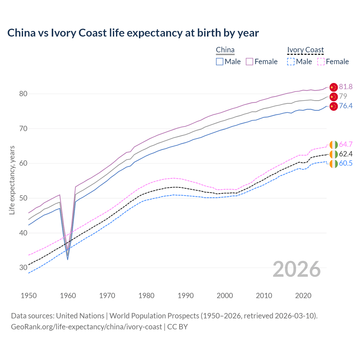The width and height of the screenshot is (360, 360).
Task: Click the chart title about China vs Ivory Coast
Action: point(133,33)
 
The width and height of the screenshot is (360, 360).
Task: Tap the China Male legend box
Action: point(220,62)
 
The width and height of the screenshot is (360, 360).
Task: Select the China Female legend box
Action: point(249,62)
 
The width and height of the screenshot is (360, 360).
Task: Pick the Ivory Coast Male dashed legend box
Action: point(291,62)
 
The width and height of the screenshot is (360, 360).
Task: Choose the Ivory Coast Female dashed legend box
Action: point(321,62)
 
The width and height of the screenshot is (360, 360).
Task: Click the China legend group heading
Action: point(225,50)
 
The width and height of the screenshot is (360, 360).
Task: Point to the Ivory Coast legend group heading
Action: point(305,50)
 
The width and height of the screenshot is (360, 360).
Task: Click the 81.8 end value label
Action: point(346,87)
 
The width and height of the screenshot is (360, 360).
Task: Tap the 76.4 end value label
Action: point(346,106)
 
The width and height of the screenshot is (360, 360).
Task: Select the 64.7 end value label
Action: point(346,144)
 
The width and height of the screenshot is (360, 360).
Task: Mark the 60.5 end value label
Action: point(346,163)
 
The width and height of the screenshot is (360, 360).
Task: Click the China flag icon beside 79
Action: point(333,96)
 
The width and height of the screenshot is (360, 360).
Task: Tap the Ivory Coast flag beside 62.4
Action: point(333,154)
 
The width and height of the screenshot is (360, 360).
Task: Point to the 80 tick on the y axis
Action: point(23,94)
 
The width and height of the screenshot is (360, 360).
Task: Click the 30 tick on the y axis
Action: point(23,267)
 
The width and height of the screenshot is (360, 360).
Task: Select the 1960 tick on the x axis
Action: point(68,296)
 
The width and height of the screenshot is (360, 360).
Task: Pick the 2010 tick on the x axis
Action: point(264,296)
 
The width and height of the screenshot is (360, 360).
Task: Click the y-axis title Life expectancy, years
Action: point(12,180)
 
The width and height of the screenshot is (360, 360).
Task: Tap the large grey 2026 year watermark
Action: point(296,269)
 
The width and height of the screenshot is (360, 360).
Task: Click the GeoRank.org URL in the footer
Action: point(86,327)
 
